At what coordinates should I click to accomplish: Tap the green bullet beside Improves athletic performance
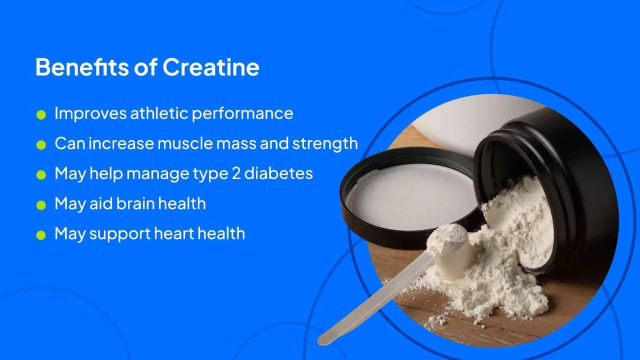(x=41, y=115)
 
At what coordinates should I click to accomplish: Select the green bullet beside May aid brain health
(x=41, y=205)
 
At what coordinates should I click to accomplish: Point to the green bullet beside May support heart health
(x=41, y=235)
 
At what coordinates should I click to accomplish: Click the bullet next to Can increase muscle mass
(x=41, y=145)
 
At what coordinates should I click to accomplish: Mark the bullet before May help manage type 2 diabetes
(x=41, y=175)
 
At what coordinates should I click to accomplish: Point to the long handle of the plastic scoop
(x=375, y=300)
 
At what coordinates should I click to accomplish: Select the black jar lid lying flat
(x=407, y=195)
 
